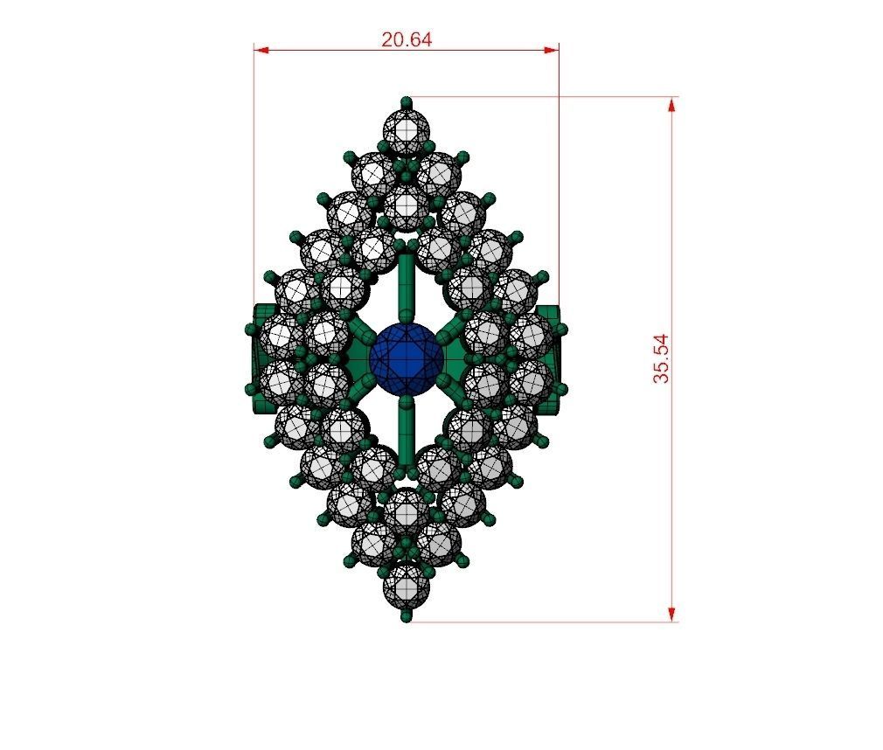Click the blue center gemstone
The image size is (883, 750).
point(406,357)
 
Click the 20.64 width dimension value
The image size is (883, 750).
point(407,39)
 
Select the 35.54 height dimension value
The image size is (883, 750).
point(661,358)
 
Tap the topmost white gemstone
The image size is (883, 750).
point(407,131)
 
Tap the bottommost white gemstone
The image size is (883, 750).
point(407,584)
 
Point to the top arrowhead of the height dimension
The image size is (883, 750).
point(671,104)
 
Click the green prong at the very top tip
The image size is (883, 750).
point(406,101)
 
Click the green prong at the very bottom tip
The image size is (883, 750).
point(406,617)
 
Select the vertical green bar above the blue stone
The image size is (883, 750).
point(406,284)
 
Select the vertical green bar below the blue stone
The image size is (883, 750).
point(406,433)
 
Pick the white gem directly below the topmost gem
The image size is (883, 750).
point(407,205)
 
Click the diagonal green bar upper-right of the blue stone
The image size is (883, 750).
point(450,330)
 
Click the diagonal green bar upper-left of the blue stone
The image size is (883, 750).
point(360,330)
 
